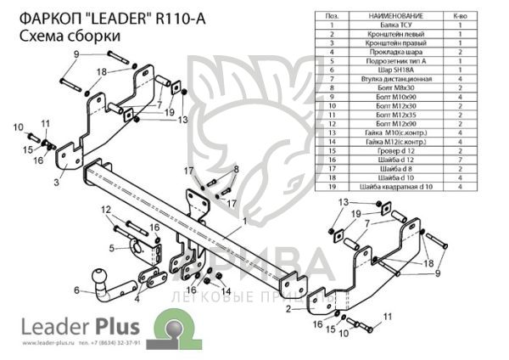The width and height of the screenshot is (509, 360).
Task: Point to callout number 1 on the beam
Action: click(244, 221)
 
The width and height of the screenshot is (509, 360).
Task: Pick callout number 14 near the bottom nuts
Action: click(227, 292)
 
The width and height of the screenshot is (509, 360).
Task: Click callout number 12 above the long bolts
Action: click(107, 210)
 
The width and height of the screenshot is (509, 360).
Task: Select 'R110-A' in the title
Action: click(179, 18)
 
